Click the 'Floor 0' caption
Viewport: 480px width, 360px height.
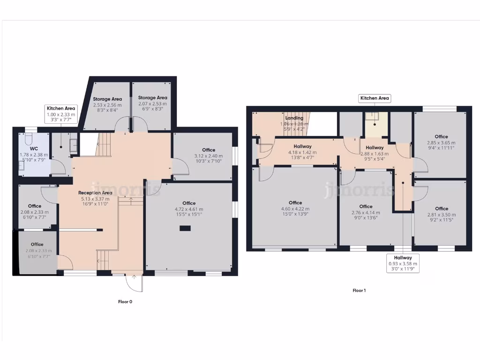click(125, 302)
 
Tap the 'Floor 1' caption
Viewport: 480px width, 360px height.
click(359, 291)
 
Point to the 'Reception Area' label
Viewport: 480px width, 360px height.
click(95, 193)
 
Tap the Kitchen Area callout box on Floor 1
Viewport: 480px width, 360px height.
click(375, 98)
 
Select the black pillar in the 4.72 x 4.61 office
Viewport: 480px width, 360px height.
click(186, 229)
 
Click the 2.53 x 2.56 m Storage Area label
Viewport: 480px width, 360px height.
click(107, 99)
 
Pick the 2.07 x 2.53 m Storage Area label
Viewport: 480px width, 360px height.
click(152, 98)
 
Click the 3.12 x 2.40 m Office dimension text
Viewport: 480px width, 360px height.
click(209, 156)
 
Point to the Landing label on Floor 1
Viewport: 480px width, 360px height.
click(294, 118)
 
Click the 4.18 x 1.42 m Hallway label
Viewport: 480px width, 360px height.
click(303, 147)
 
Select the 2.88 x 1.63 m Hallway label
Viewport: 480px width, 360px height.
click(375, 148)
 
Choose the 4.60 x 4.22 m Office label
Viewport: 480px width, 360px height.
click(295, 203)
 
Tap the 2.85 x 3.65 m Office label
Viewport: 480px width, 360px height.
click(441, 137)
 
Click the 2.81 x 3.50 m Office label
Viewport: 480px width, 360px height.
click(441, 209)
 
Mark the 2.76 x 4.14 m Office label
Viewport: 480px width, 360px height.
click(366, 206)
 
